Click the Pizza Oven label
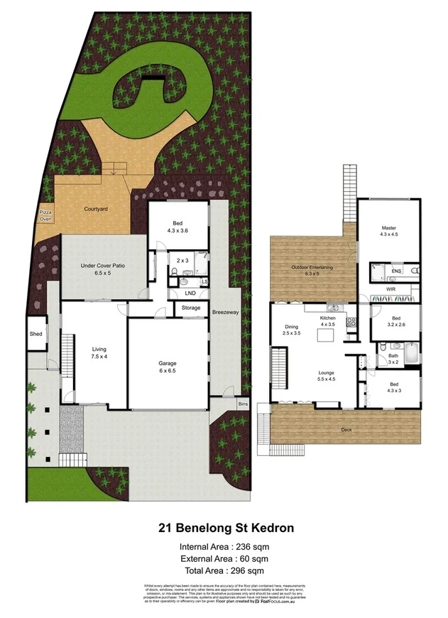click(x=46, y=217)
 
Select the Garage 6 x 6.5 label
click(x=168, y=367)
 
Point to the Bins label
click(x=243, y=403)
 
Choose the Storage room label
click(x=190, y=308)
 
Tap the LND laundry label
click(x=190, y=292)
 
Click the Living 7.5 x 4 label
click(x=99, y=353)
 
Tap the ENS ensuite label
click(x=395, y=271)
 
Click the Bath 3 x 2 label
click(x=393, y=359)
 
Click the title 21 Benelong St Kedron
click(x=224, y=528)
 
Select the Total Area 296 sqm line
click(x=224, y=570)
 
